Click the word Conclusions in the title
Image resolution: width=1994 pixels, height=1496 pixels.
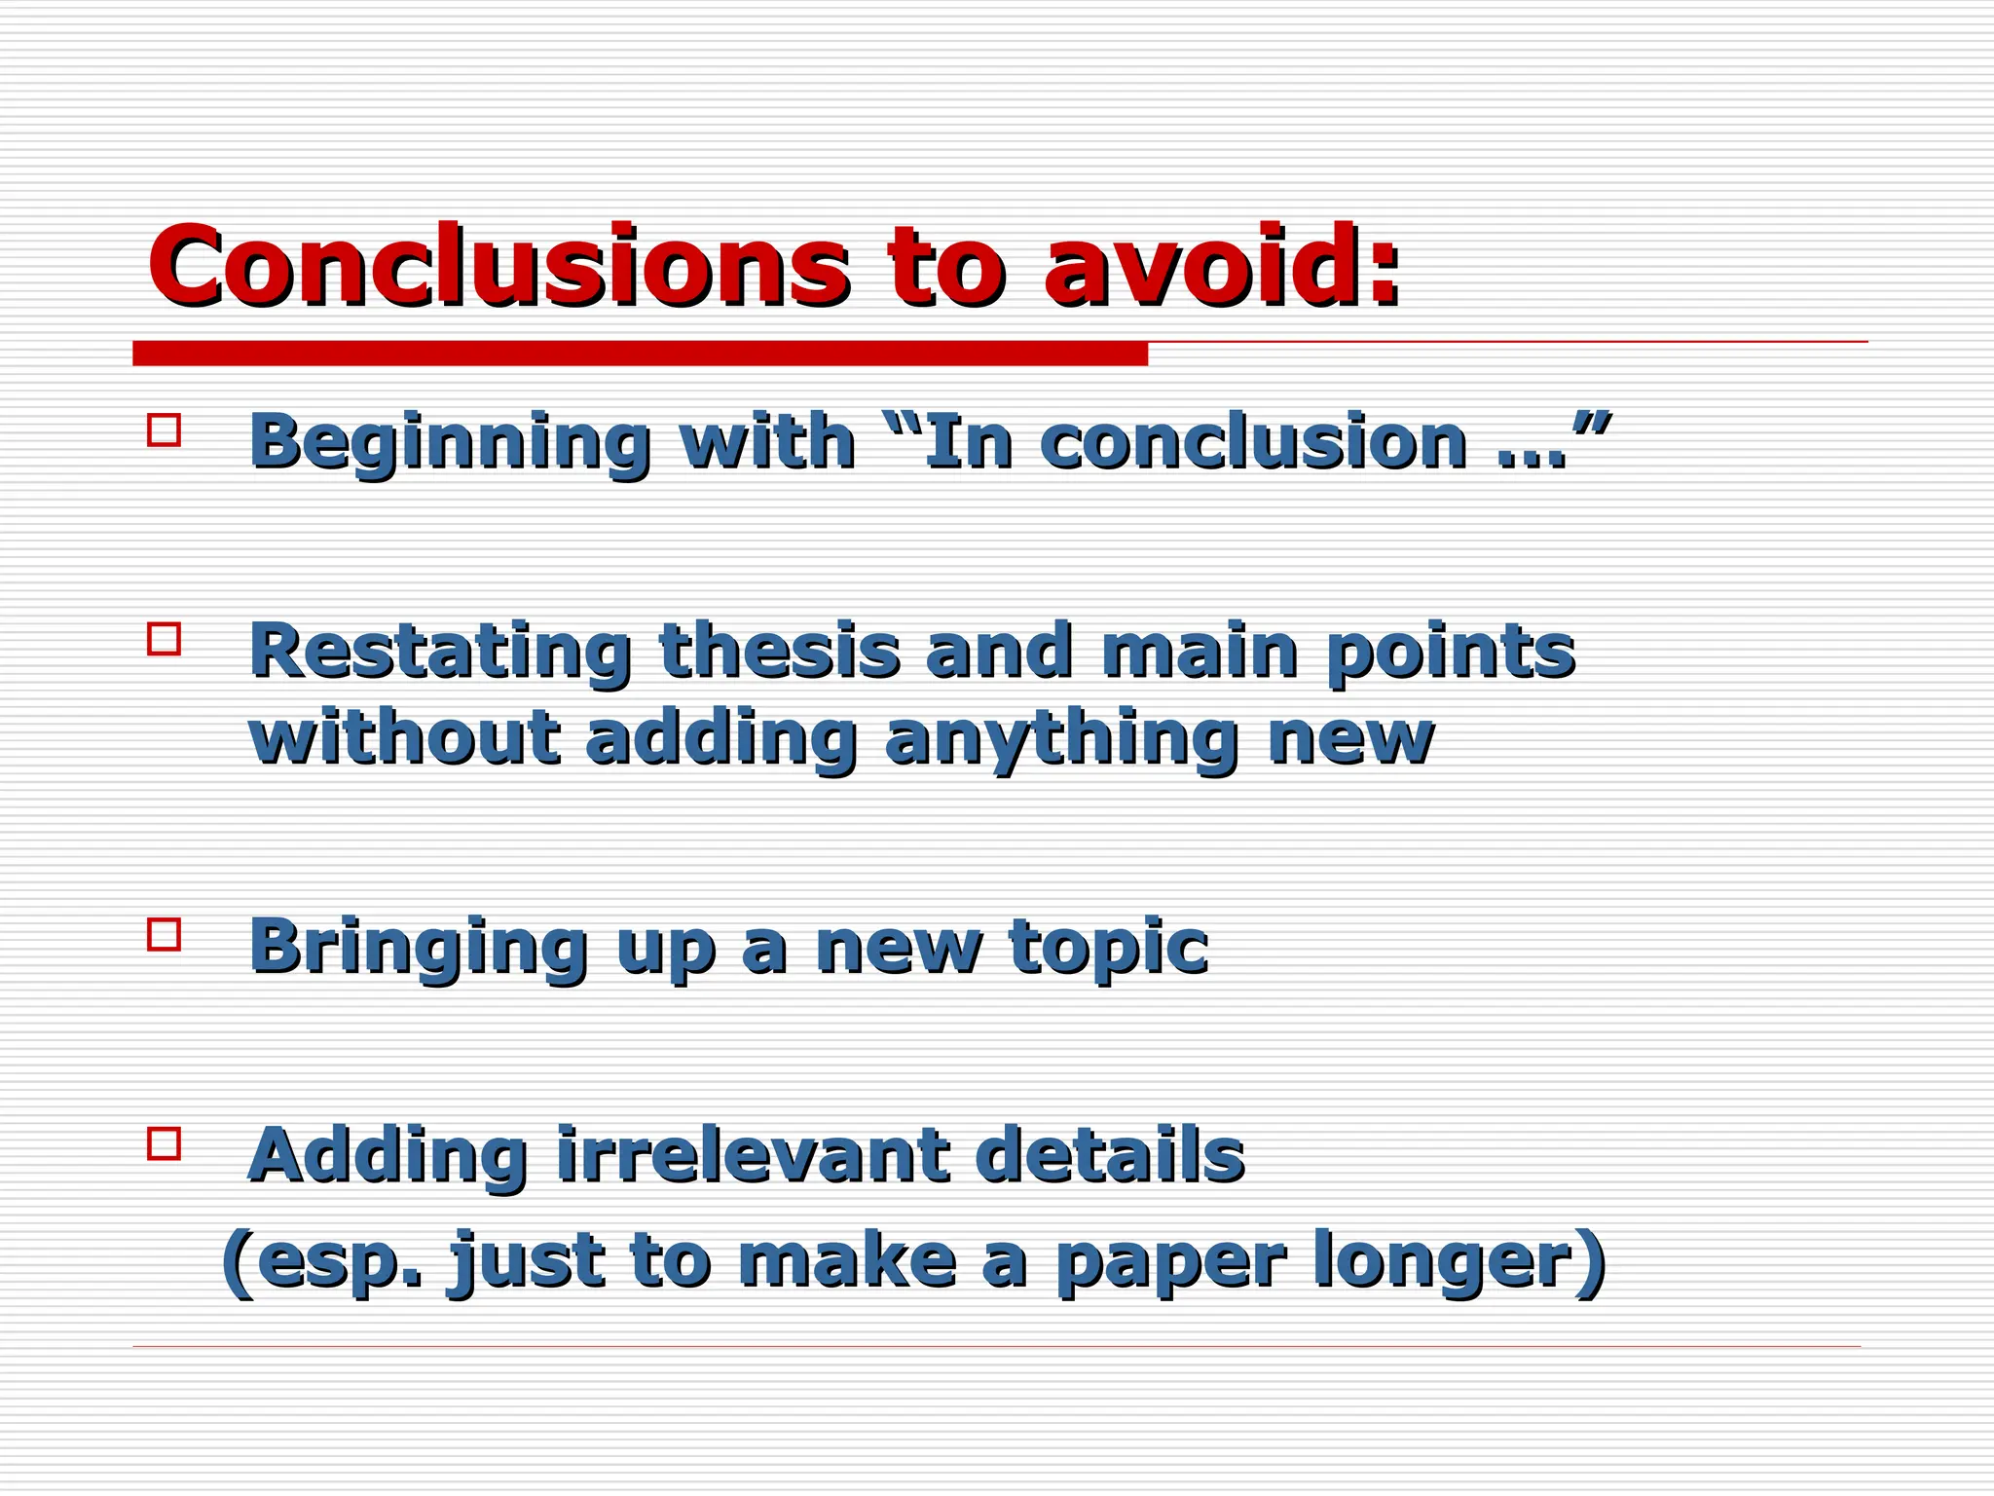[x=497, y=265]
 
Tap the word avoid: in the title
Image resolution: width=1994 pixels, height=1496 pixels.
[x=1222, y=265]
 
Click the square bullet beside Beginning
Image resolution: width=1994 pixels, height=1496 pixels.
[x=165, y=430]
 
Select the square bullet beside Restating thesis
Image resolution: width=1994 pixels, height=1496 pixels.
[x=165, y=639]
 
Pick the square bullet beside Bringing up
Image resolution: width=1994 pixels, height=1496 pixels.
[x=165, y=934]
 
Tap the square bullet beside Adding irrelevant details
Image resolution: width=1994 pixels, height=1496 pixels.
[x=165, y=1142]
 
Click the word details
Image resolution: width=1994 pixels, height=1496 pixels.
[x=1110, y=1155]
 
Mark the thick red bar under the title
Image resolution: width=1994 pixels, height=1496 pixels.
[x=640, y=354]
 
